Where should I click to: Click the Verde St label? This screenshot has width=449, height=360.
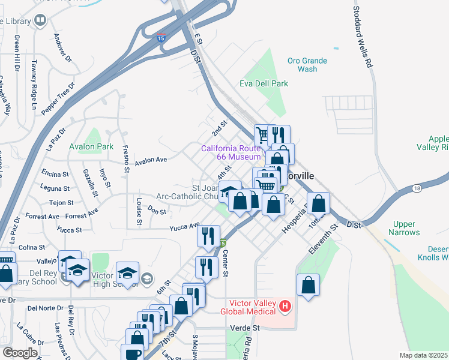(245, 328)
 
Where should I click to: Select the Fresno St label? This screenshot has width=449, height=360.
(126, 158)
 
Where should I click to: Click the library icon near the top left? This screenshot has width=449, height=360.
(40, 22)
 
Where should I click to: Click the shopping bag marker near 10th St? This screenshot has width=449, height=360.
(318, 204)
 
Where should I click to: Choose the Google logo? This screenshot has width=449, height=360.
(20, 353)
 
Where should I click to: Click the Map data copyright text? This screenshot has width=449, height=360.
(423, 355)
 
